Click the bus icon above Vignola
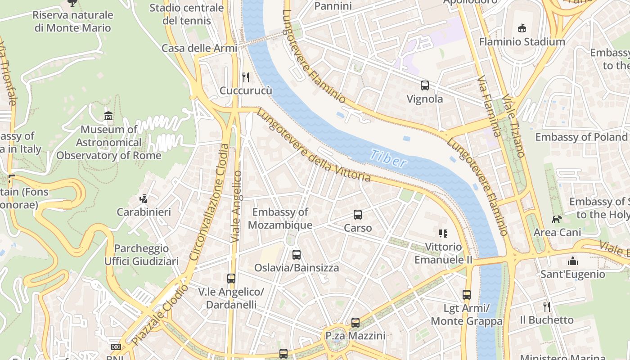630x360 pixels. (x=424, y=85)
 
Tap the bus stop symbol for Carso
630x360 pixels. (x=358, y=215)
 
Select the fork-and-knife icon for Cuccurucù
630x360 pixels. (x=246, y=77)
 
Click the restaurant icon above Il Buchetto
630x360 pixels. (x=547, y=307)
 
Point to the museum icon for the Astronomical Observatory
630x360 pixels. (x=108, y=116)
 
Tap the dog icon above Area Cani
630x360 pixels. (x=557, y=219)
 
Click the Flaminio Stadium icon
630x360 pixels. (x=522, y=28)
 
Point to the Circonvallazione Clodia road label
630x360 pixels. (x=209, y=202)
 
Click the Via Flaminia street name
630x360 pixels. (x=489, y=107)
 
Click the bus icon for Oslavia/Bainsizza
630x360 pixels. (x=296, y=255)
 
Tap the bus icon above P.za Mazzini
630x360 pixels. (x=355, y=323)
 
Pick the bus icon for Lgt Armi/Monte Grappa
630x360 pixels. (x=467, y=295)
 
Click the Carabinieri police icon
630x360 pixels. (x=144, y=198)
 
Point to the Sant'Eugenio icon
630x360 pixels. (x=572, y=261)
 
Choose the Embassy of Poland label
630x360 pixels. (x=581, y=137)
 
